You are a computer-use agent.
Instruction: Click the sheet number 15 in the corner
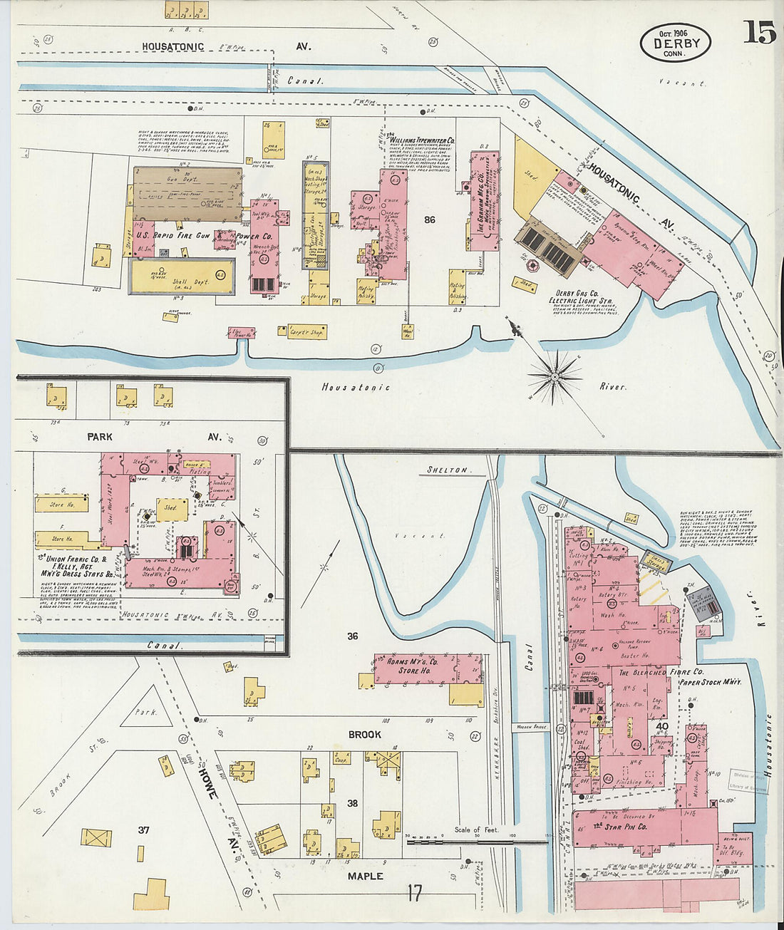(758, 31)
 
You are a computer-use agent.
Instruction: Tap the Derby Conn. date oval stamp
(675, 43)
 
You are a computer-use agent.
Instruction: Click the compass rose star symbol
(554, 376)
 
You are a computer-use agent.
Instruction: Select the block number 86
(429, 220)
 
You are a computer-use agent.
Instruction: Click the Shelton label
(447, 470)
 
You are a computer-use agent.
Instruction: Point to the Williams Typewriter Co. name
(421, 141)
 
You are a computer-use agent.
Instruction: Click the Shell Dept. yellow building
(182, 277)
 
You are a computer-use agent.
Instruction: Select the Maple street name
(365, 876)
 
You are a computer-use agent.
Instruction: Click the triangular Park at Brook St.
(147, 708)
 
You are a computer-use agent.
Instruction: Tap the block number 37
(143, 830)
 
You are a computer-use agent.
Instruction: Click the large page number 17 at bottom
(416, 892)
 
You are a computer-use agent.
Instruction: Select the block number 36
(352, 636)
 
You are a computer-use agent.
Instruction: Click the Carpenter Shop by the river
(306, 331)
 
